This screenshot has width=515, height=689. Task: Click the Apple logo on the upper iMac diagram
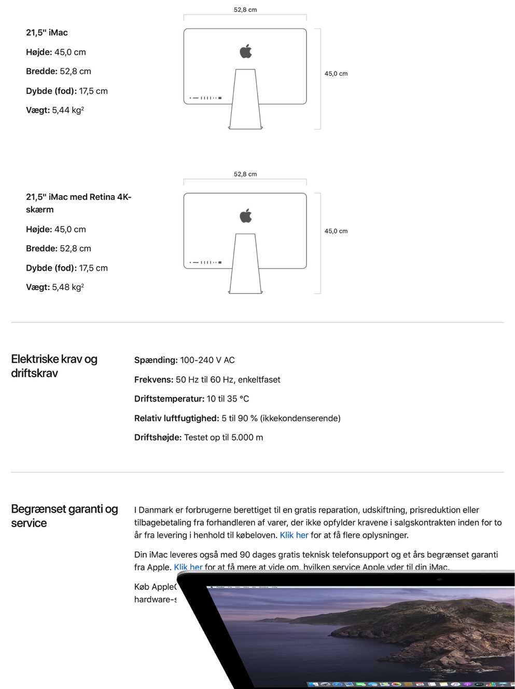(x=246, y=51)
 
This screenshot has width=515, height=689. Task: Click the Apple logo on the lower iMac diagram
(x=246, y=215)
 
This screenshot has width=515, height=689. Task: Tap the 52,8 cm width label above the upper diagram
(x=245, y=10)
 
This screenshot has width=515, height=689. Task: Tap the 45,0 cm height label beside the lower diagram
(x=336, y=231)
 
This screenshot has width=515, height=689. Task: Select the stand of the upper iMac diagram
(x=245, y=104)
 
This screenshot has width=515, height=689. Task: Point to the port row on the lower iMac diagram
(x=206, y=263)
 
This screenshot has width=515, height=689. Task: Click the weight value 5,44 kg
(x=67, y=111)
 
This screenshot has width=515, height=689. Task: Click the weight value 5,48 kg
(x=67, y=287)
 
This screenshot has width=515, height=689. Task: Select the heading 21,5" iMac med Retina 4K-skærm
(x=78, y=203)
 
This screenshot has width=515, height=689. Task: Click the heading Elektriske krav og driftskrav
(x=54, y=366)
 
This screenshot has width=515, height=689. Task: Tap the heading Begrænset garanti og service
(x=64, y=516)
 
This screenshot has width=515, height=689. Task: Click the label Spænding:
(x=156, y=360)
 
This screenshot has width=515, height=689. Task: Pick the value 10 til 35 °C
(x=228, y=399)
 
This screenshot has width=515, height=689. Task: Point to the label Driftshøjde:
(x=158, y=438)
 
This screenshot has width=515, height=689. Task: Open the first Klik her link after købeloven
(x=294, y=535)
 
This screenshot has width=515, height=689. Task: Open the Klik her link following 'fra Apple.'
(x=188, y=567)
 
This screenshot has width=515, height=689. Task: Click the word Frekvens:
(x=154, y=380)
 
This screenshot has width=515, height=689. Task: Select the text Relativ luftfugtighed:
(x=176, y=419)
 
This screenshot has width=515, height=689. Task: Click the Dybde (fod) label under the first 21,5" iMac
(x=51, y=91)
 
